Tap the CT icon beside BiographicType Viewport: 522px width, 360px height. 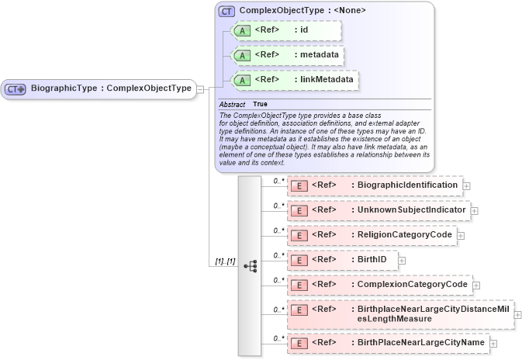coord(16,89)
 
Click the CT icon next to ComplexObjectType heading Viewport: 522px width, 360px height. coord(226,11)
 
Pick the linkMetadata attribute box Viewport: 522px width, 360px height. coord(296,80)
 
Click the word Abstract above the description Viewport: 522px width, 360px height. coord(232,104)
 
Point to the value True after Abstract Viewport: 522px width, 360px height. coord(260,104)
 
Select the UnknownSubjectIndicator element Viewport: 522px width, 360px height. coord(378,210)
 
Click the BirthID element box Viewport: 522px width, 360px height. coord(342,260)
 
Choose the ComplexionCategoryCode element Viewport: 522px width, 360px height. coord(379,285)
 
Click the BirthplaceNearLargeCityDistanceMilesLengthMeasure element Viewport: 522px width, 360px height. coord(400,314)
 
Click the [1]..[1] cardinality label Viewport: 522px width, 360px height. coord(225,261)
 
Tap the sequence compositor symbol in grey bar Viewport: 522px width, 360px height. coord(250,266)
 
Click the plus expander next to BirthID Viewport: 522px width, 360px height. coord(402,261)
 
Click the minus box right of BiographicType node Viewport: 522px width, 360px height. coord(200,89)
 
